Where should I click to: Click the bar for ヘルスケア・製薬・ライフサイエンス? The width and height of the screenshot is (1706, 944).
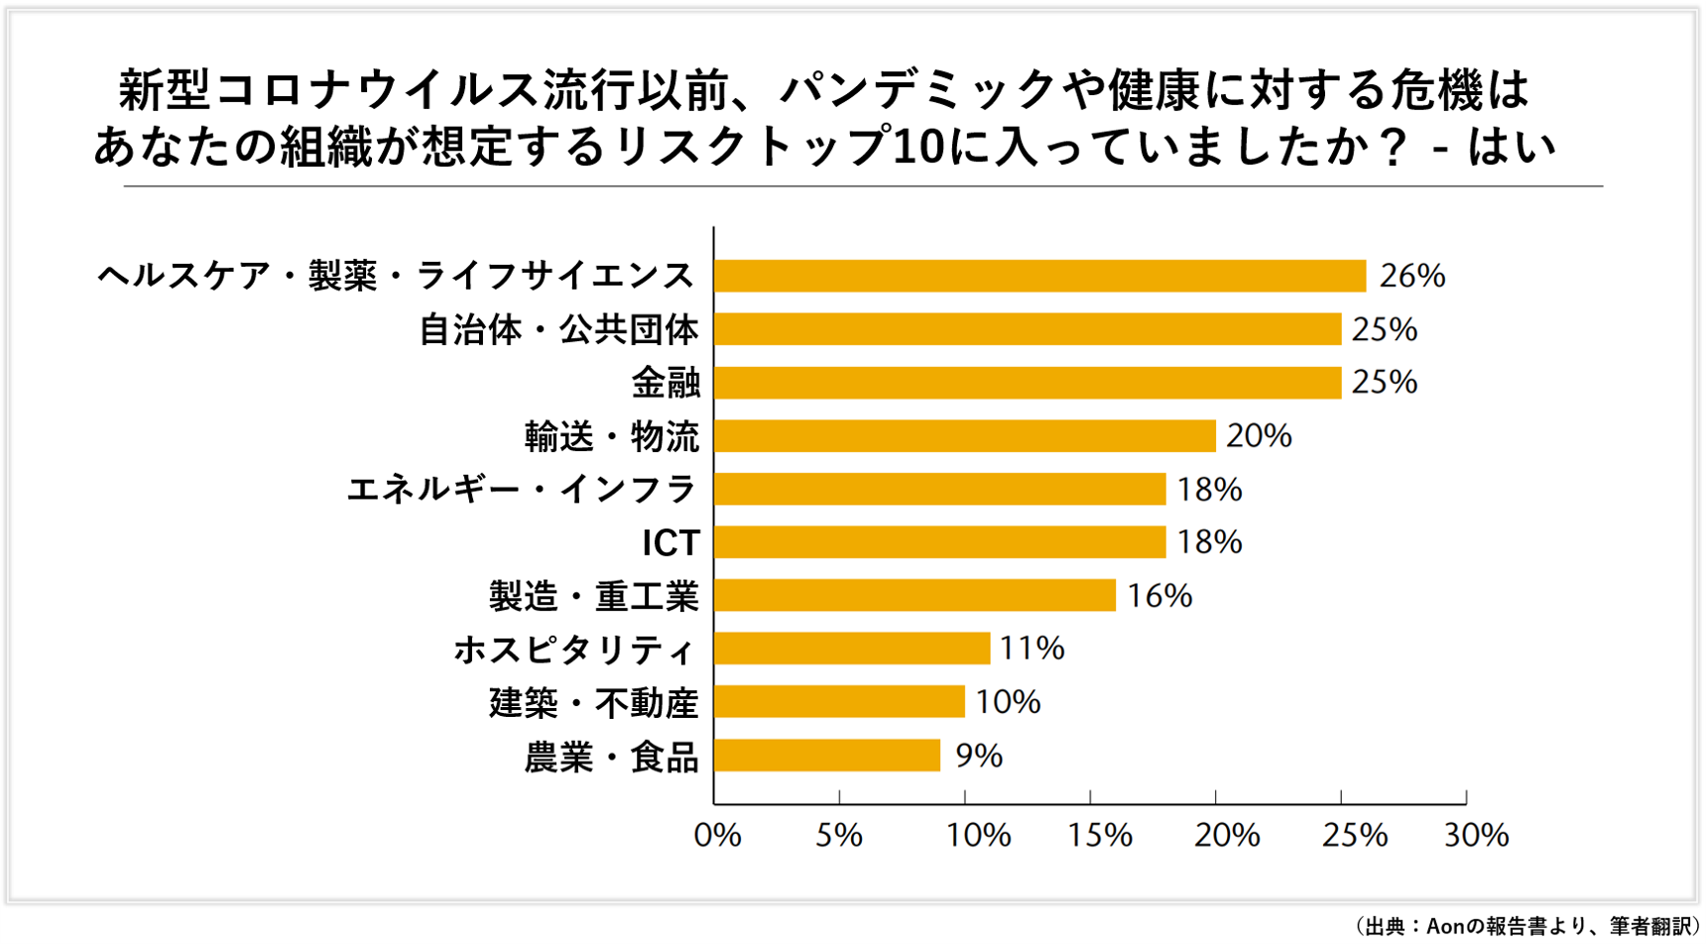1039,276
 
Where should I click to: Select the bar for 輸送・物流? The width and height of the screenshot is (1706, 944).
964,436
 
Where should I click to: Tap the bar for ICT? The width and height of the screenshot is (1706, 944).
939,542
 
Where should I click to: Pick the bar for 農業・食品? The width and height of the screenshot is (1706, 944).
826,756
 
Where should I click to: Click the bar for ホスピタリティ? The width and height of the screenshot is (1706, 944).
851,649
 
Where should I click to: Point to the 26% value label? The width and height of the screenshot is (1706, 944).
1411,276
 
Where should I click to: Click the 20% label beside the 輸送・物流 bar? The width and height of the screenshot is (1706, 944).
1259,436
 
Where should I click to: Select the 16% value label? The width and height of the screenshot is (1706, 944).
1158,596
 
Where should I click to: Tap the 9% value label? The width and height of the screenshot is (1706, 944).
978,757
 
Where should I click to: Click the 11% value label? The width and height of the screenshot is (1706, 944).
1032,649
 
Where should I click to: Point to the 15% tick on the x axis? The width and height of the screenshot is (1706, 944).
1099,836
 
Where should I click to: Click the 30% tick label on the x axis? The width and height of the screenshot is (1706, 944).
1476,836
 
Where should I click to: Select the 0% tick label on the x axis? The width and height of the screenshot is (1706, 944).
717,836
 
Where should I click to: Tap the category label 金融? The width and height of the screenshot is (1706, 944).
666,383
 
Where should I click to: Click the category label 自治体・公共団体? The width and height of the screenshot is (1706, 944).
558,329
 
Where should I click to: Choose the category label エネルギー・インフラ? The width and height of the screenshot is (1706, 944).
522,490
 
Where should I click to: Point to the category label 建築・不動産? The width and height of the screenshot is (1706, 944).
593,703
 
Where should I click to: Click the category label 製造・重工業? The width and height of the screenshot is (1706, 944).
593,597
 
